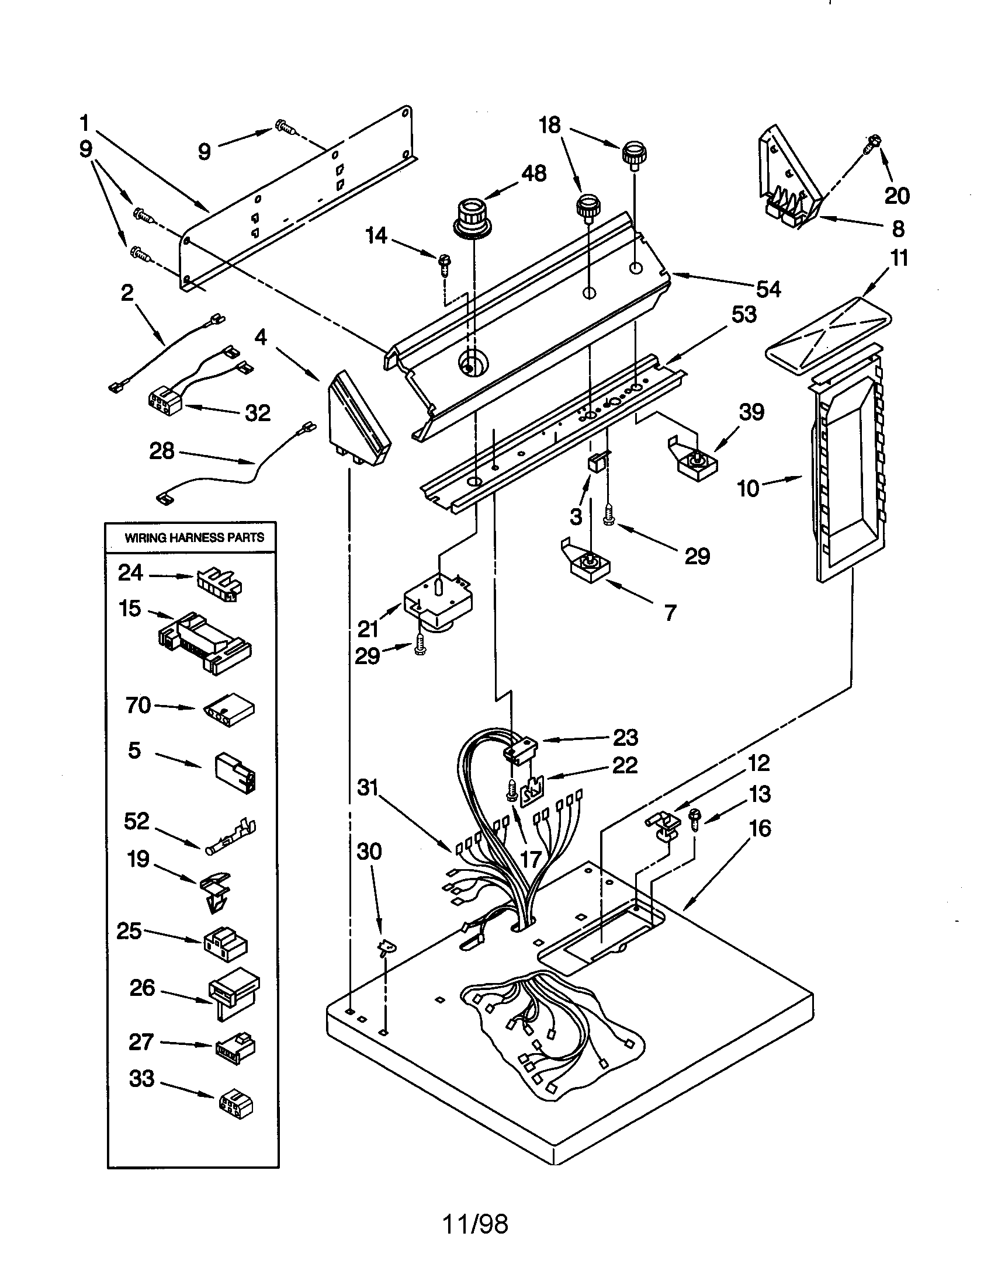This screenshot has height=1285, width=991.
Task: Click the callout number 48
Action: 533,173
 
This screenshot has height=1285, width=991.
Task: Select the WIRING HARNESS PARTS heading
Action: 194,537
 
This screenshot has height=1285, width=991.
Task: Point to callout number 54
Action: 768,290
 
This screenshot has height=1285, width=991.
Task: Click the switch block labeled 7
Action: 588,565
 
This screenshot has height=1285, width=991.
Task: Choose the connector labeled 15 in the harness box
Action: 203,642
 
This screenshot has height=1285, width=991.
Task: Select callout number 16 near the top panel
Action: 760,828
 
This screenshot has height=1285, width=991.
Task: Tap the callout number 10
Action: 748,488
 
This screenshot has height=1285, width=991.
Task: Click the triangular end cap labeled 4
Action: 354,419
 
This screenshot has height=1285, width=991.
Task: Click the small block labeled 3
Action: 595,463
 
